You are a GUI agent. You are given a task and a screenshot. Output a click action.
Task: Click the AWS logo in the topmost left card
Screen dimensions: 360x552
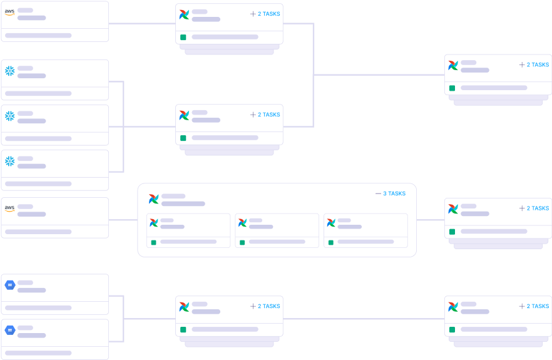click(9, 12)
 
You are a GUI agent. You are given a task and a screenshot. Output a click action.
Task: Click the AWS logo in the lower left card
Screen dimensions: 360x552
click(9, 208)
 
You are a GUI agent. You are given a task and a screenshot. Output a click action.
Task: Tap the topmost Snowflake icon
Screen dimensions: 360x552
click(9, 71)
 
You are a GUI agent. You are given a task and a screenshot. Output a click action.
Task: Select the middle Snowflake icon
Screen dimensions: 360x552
click(9, 116)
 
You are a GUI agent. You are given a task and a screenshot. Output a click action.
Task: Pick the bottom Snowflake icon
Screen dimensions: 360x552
click(9, 161)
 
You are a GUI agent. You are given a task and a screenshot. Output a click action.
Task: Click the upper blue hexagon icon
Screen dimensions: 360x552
click(9, 285)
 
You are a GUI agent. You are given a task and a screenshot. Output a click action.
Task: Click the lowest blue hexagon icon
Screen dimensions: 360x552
click(9, 330)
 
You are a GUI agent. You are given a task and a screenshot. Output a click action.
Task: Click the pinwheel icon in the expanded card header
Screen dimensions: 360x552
click(153, 199)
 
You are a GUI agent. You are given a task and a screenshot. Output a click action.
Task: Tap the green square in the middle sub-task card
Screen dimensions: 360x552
click(242, 242)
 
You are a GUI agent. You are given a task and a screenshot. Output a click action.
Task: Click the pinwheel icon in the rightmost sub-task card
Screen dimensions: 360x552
click(331, 223)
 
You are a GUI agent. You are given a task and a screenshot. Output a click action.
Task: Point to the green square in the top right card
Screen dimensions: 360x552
click(452, 88)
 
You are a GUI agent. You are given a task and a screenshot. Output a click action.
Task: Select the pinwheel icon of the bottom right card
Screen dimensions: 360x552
click(453, 307)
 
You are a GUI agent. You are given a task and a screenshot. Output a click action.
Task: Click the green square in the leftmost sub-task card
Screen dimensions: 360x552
click(153, 242)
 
